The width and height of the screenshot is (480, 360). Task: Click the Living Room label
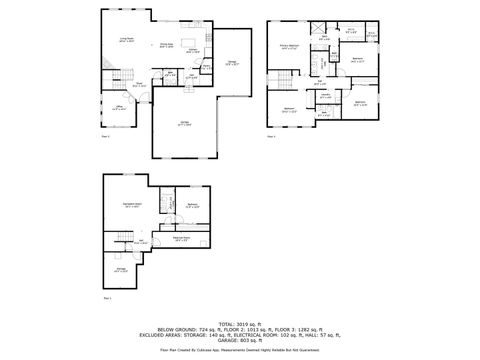point(127,39)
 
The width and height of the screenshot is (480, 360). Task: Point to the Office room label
point(119,108)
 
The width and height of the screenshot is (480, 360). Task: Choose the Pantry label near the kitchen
point(206,67)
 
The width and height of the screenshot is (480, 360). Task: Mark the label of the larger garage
point(186,123)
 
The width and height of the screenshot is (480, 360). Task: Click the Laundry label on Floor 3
point(326,95)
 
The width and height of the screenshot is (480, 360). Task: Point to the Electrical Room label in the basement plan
point(181,239)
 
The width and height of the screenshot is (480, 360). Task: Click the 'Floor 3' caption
point(272,137)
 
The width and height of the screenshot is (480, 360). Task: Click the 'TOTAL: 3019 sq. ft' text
point(239,324)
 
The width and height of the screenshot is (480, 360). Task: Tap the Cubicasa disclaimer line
point(239,350)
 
